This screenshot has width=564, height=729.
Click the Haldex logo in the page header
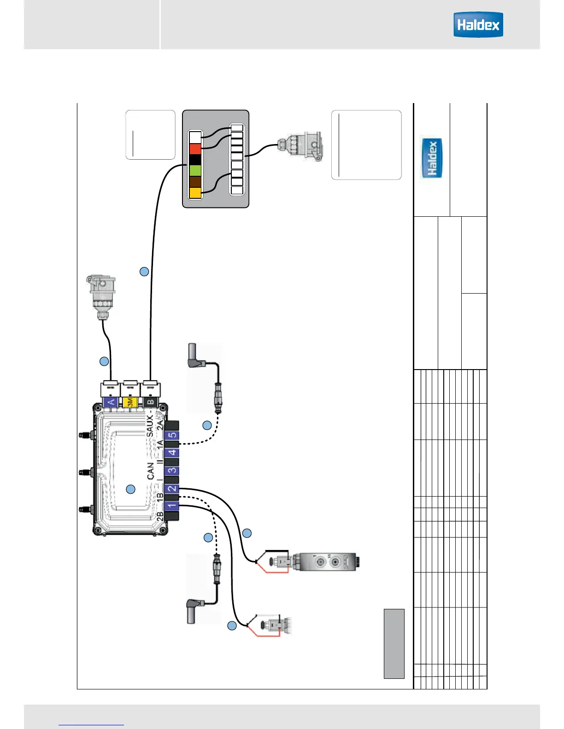478,25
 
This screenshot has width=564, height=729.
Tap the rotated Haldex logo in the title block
432,158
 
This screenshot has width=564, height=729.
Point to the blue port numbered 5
172,435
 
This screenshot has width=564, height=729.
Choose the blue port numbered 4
172,453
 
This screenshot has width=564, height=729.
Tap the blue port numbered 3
172,470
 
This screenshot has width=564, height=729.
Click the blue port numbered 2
172,488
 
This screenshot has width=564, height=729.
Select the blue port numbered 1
172,506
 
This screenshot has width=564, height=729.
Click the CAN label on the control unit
151,471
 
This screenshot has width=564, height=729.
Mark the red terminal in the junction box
195,149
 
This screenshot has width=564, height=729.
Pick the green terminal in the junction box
195,171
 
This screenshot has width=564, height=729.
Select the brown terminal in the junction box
195,182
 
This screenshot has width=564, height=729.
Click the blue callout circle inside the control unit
131,489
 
